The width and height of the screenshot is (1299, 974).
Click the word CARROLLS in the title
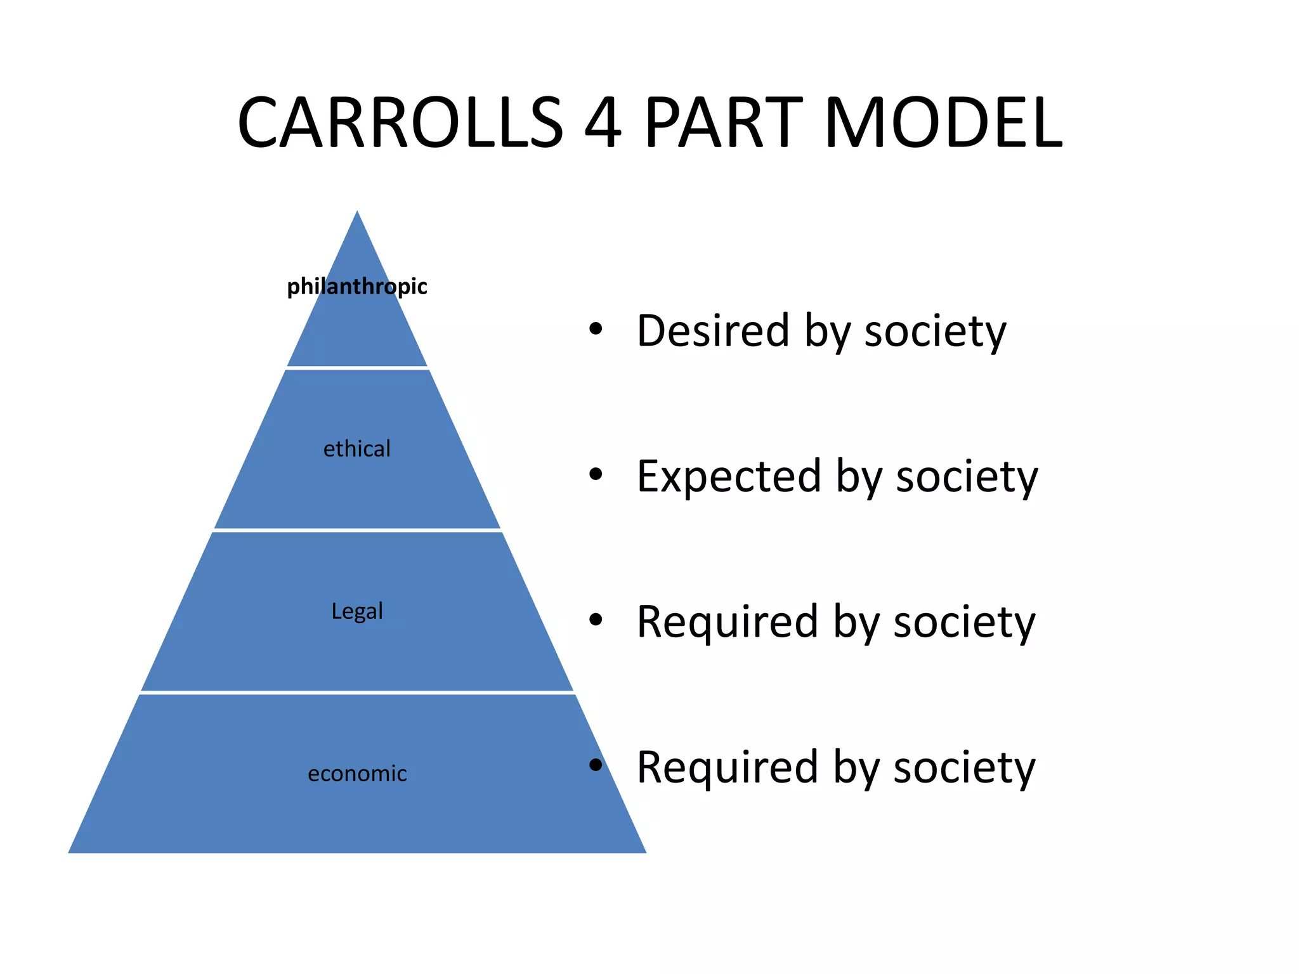pyautogui.click(x=400, y=122)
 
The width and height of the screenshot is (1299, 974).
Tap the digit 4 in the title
pyautogui.click(x=602, y=122)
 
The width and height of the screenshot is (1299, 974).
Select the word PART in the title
pyautogui.click(x=724, y=122)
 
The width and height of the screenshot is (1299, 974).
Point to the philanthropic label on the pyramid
pyautogui.click(x=357, y=287)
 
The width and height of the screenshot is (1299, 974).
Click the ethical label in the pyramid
pyautogui.click(x=357, y=449)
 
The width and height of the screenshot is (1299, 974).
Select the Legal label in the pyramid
pyautogui.click(x=357, y=611)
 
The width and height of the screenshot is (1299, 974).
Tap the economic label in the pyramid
pyautogui.click(x=357, y=774)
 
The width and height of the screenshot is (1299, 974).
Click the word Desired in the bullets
pyautogui.click(x=713, y=330)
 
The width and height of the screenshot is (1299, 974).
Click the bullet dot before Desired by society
pyautogui.click(x=595, y=328)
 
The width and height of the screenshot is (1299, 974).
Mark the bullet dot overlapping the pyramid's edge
pyautogui.click(x=595, y=765)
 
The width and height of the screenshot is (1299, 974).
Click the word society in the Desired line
pyautogui.click(x=935, y=332)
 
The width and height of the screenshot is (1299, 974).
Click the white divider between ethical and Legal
pyautogui.click(x=357, y=530)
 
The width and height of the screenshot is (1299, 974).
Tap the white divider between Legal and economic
pyautogui.click(x=357, y=692)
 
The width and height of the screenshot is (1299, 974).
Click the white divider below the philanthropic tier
pyautogui.click(x=357, y=368)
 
